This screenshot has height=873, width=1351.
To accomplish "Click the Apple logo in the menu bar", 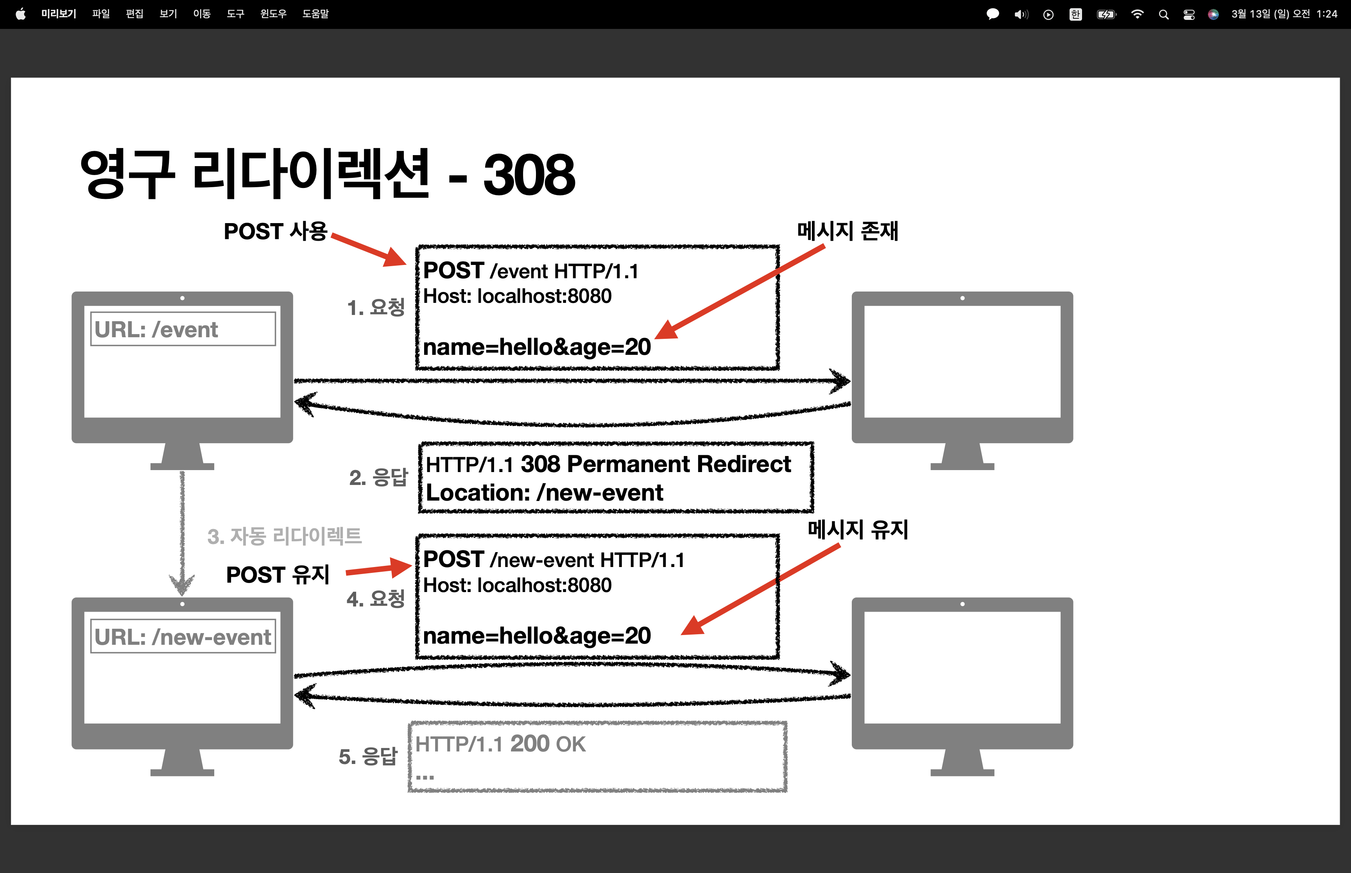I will click(x=20, y=14).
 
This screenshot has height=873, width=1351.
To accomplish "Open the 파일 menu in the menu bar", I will click(x=101, y=14).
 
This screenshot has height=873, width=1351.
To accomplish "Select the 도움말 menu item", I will click(x=315, y=14).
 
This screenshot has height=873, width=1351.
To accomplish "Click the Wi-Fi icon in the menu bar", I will click(x=1137, y=14).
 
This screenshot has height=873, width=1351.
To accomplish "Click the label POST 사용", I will click(x=276, y=231).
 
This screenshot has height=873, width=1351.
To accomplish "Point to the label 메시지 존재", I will click(x=848, y=231).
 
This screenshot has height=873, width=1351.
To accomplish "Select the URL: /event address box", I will click(x=183, y=329).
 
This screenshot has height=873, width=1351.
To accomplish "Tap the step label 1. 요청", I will click(x=376, y=307).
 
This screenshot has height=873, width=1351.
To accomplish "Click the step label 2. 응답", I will click(x=378, y=477).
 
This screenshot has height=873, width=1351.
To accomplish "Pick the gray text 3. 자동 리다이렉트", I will click(x=285, y=536).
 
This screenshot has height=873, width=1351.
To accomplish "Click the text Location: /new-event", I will click(x=544, y=493).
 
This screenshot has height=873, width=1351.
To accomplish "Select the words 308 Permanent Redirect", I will click(x=656, y=464).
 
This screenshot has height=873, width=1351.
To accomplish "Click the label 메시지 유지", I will click(x=858, y=530).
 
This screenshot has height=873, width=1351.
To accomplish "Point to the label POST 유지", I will click(x=278, y=575).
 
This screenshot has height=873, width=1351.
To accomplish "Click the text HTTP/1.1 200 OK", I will click(x=500, y=744).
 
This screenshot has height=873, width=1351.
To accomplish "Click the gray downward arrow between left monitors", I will click(x=182, y=533).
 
